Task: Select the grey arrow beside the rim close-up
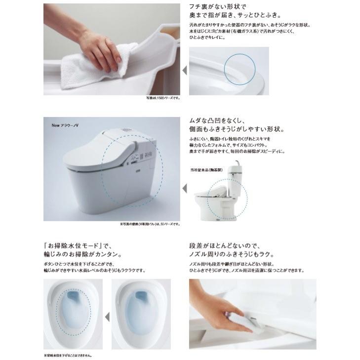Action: coord(185,71)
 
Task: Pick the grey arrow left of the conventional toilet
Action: coord(185,188)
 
